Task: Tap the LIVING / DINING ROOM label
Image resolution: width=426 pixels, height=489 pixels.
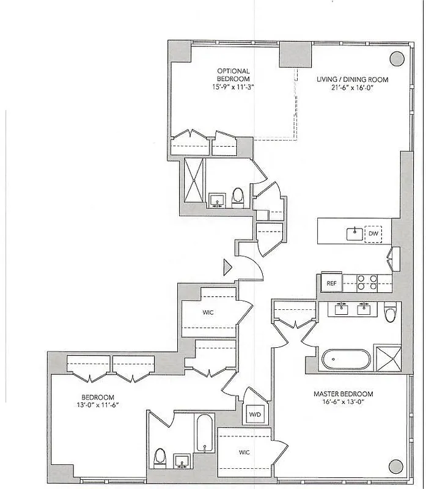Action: click(352, 79)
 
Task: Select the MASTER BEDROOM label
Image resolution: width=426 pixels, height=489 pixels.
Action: click(343, 394)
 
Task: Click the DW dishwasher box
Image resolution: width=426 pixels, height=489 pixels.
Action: click(373, 233)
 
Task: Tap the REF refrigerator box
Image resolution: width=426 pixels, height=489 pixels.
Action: click(331, 283)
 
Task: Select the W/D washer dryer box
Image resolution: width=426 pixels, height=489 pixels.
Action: click(254, 414)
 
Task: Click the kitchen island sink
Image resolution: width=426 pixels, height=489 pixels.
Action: click(354, 233)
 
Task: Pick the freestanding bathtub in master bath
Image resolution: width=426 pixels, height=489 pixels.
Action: click(345, 359)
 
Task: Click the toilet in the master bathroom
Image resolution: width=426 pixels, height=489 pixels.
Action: click(390, 314)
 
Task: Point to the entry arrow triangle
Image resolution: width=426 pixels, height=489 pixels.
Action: click(227, 267)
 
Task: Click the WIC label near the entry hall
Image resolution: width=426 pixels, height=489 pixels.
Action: click(208, 312)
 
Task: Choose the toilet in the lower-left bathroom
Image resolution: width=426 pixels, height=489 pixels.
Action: click(160, 457)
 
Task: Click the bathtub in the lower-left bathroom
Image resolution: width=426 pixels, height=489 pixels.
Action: click(204, 433)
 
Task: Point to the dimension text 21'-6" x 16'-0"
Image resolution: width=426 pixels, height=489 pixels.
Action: click(352, 88)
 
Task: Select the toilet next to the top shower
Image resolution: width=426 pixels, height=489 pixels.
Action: click(238, 196)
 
